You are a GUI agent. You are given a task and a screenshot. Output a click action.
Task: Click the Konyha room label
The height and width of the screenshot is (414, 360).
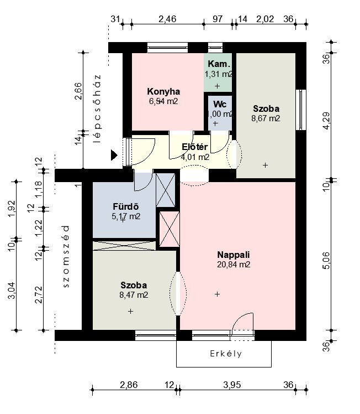pos(163,91)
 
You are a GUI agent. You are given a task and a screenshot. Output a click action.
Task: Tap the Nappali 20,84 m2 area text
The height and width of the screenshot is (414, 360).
pos(234,265)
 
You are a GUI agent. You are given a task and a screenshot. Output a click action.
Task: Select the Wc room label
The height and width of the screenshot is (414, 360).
pos(220,104)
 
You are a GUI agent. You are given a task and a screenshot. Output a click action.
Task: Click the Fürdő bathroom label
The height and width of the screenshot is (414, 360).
pos(126,206)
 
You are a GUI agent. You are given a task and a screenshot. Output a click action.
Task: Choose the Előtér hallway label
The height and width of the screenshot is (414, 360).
pos(194,147)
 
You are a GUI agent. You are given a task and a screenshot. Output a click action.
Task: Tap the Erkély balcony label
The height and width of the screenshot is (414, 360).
pos(226,354)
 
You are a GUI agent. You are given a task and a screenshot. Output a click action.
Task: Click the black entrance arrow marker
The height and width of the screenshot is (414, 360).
pos(114,155)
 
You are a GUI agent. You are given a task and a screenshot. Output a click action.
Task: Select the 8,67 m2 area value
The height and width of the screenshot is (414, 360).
pos(266,118)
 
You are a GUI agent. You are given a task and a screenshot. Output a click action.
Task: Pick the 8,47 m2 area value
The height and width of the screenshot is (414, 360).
pos(134,294)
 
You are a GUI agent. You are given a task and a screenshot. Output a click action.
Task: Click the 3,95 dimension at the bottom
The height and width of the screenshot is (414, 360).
pos(232,385)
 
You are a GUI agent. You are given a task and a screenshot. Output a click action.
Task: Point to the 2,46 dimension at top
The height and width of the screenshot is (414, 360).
pos(167,19)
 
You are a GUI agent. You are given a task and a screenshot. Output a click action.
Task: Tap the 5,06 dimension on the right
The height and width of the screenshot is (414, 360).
pos(326,261)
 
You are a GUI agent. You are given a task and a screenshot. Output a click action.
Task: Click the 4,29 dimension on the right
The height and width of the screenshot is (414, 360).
pos(326,121)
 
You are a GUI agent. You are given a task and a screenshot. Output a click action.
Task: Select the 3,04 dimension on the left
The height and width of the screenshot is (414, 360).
pos(12,291)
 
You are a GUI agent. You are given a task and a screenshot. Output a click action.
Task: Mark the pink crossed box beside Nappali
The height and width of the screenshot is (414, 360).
pos(170,230)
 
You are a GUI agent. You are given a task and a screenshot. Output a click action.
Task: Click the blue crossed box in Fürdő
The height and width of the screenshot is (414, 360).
pos(166,190)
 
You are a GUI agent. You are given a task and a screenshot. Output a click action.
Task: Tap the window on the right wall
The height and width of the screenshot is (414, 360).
pos(301,110)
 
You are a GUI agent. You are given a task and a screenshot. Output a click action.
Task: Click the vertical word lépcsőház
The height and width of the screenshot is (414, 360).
pos(97,109)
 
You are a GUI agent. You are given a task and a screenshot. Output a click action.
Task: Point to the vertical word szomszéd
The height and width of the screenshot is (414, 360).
pos(66,256)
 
